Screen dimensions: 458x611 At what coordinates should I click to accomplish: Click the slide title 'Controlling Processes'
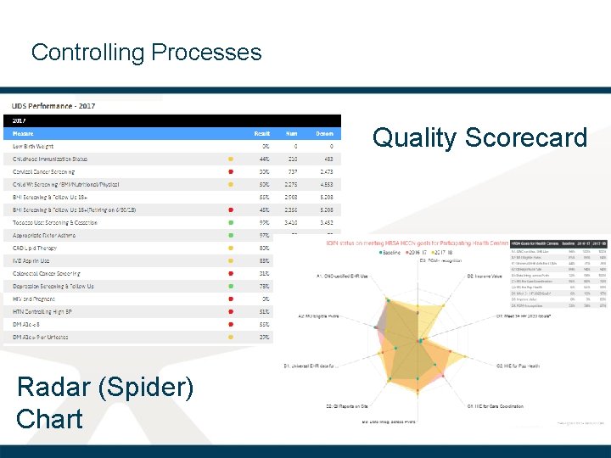point(146,53)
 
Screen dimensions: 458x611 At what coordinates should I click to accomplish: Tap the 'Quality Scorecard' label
point(479,137)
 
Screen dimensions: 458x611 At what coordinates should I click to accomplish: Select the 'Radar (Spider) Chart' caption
point(104,403)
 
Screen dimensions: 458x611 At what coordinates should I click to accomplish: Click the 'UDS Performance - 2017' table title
point(53,106)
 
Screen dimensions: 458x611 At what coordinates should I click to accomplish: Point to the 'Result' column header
point(262,133)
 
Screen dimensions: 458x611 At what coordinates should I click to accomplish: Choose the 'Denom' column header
point(325,133)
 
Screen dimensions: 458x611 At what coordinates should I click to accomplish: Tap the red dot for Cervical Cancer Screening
point(231,171)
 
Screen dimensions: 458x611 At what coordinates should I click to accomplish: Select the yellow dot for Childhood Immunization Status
point(231,159)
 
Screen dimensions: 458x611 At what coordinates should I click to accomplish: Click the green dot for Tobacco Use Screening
point(231,222)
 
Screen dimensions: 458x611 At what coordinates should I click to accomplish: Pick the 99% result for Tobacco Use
point(264,222)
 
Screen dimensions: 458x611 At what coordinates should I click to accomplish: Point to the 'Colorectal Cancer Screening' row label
point(47,273)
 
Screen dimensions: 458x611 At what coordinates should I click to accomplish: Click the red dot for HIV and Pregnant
point(231,299)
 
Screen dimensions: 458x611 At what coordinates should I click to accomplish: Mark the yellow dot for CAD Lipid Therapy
point(231,248)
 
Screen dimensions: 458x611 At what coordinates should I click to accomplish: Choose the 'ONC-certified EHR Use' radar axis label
point(343,276)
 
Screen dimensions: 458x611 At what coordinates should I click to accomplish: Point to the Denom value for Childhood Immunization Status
point(325,159)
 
